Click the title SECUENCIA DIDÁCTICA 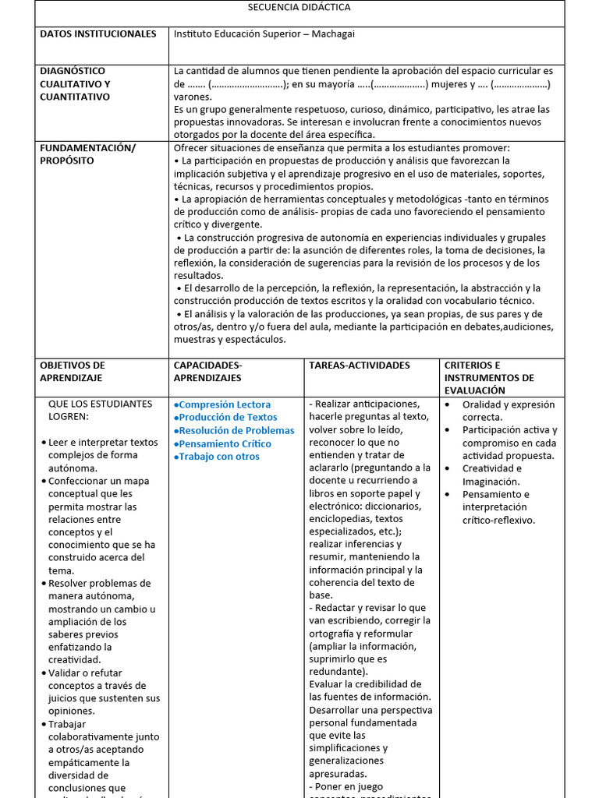click(x=299, y=7)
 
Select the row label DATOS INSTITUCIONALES click(x=97, y=34)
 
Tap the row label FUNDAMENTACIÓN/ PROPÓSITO click(x=87, y=154)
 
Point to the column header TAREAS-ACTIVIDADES click(x=359, y=365)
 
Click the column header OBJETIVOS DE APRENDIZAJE click(x=73, y=372)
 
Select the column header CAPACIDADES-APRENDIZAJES click(x=207, y=372)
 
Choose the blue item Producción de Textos click(x=227, y=418)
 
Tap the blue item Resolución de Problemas click(x=236, y=430)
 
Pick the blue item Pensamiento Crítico click(x=225, y=443)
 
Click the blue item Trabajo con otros click(x=219, y=457)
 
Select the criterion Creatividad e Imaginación click(x=491, y=475)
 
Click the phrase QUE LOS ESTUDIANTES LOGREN click(x=100, y=410)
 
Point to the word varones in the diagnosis click(x=192, y=97)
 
